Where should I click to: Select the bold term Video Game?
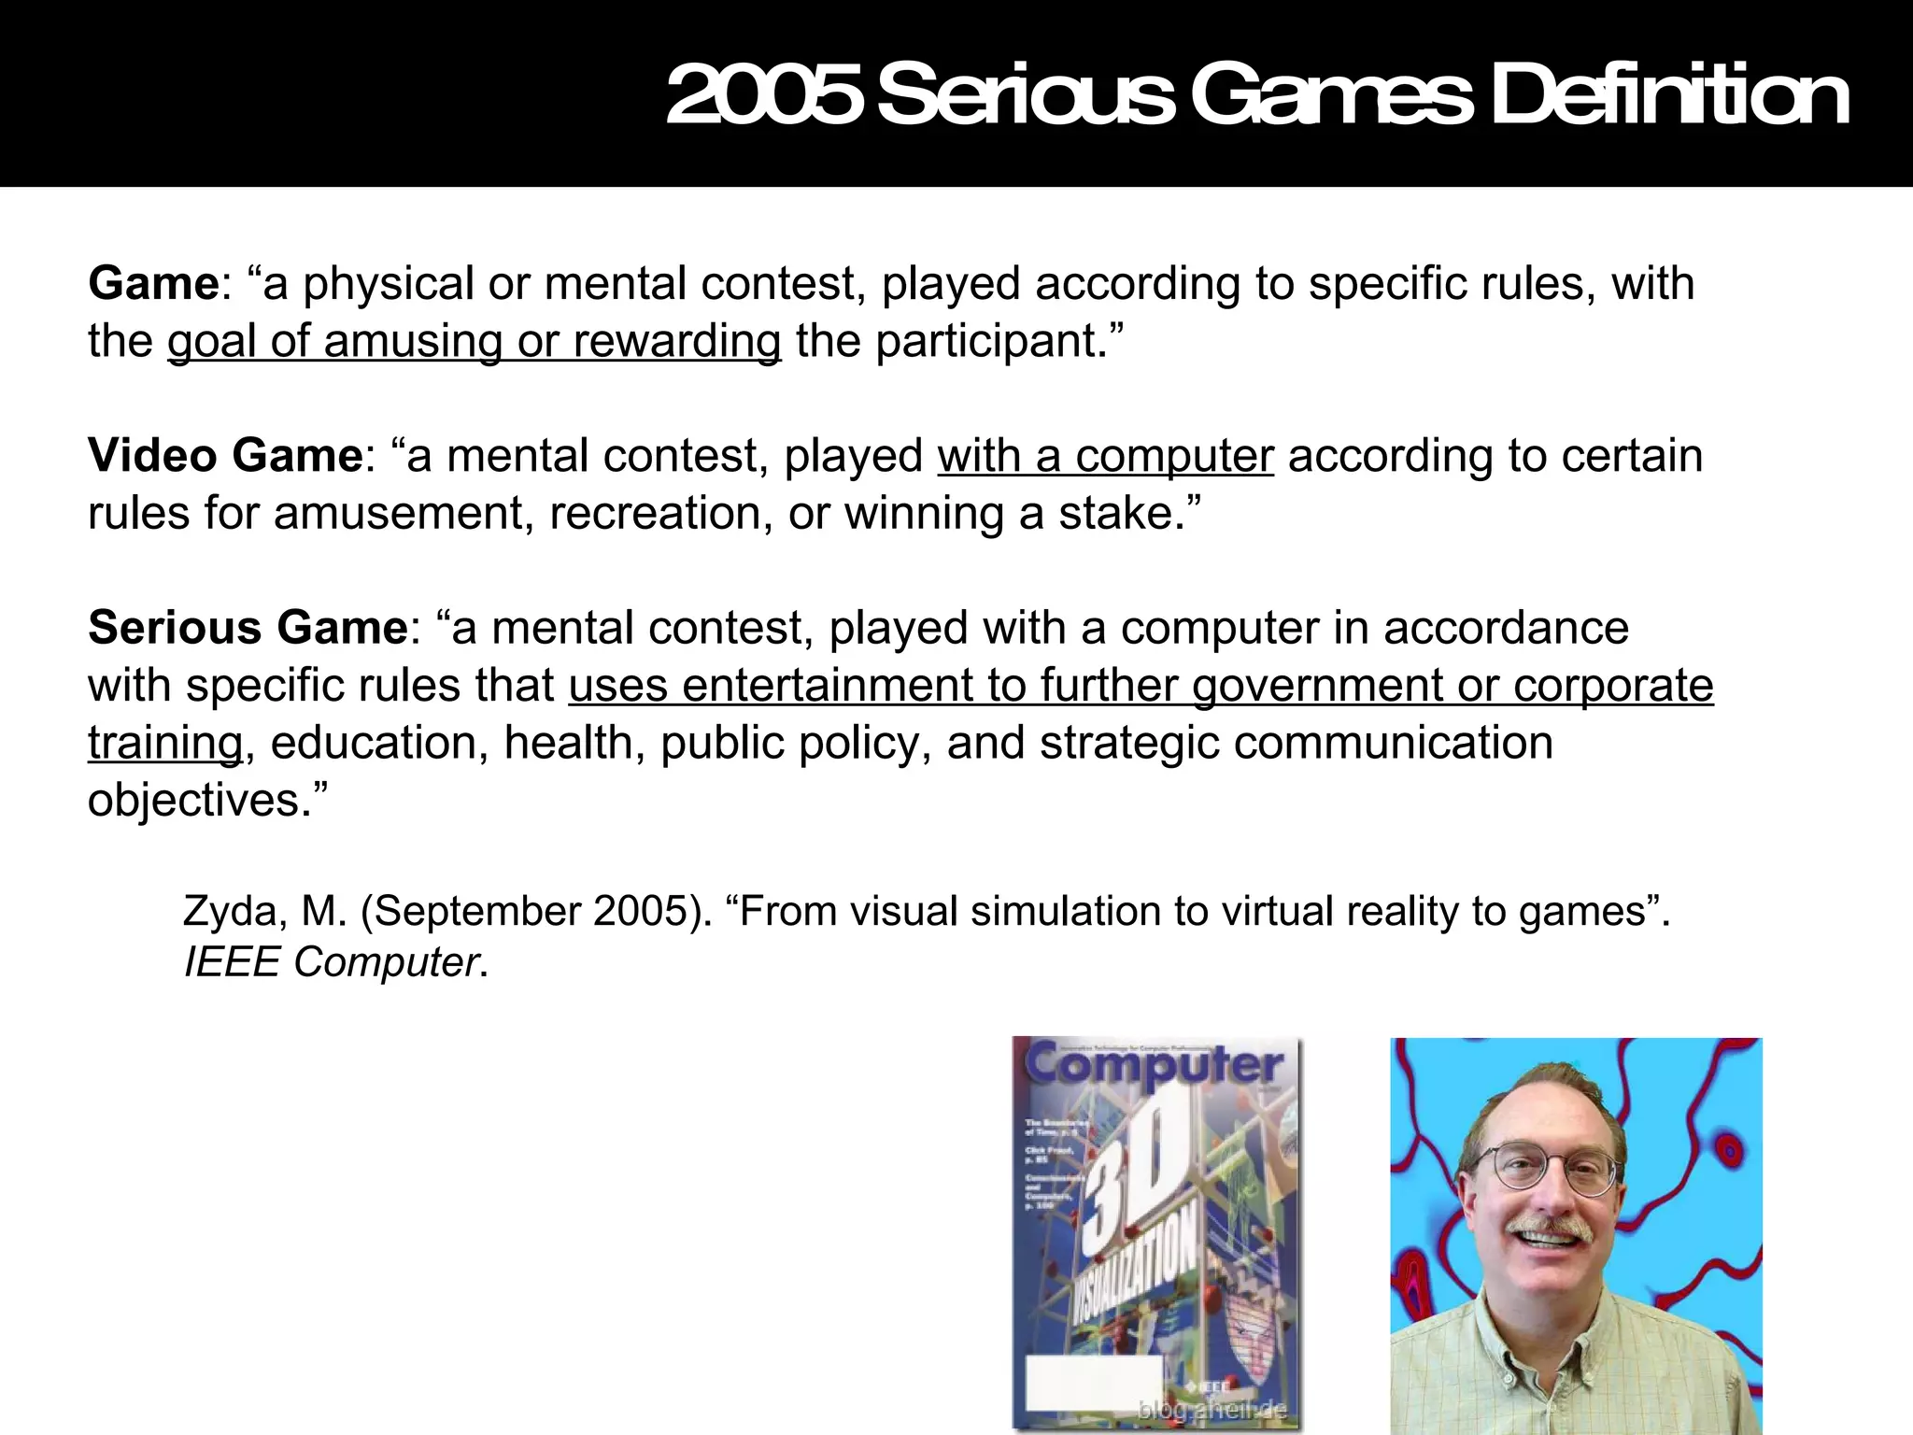tap(225, 456)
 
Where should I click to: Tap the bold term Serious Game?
tap(248, 628)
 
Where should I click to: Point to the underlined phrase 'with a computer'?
tap(1105, 456)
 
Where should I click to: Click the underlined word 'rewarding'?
tap(677, 341)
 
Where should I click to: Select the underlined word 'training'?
tap(165, 744)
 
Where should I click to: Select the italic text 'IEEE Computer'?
tap(332, 961)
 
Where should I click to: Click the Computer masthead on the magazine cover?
tap(1155, 1066)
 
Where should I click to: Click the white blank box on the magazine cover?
tap(1093, 1384)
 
